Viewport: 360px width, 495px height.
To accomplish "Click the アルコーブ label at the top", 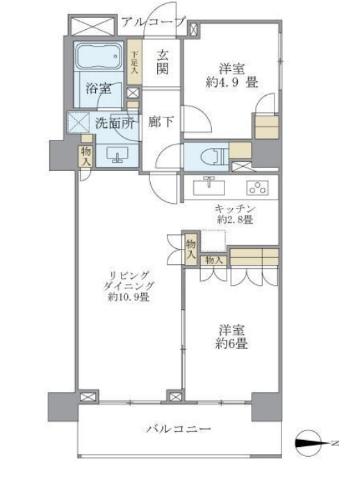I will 152,22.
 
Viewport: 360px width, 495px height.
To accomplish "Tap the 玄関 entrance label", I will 163,63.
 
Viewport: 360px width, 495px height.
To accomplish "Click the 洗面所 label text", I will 115,125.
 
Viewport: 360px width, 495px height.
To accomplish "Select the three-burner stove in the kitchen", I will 258,188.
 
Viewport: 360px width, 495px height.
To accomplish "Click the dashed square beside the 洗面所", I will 77,123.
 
